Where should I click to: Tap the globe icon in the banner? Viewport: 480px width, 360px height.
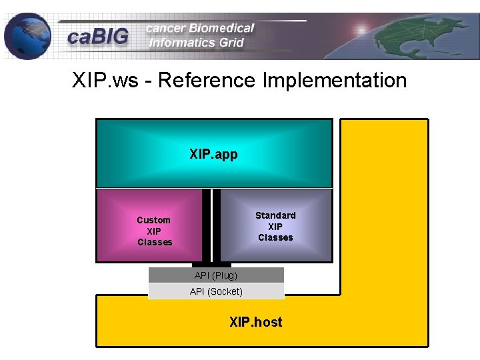(x=27, y=35)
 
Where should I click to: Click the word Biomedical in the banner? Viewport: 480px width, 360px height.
(x=221, y=28)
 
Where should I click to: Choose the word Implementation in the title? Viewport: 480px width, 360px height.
(x=335, y=81)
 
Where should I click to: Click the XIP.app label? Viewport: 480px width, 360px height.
(x=213, y=154)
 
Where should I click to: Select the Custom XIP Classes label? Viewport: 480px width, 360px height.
(x=154, y=231)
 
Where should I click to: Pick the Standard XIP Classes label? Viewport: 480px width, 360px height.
(x=275, y=226)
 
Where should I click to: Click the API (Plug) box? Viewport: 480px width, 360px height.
(x=216, y=275)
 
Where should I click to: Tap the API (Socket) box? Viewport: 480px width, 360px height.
(x=216, y=291)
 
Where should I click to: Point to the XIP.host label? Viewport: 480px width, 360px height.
(x=255, y=322)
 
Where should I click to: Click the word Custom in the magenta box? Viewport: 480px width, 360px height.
(x=153, y=220)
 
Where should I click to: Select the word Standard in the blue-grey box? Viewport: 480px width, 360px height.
(x=275, y=215)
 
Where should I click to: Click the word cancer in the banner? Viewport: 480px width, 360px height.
(x=166, y=28)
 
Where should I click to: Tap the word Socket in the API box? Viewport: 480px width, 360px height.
(x=225, y=291)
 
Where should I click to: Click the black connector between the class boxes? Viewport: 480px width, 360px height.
(x=211, y=227)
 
